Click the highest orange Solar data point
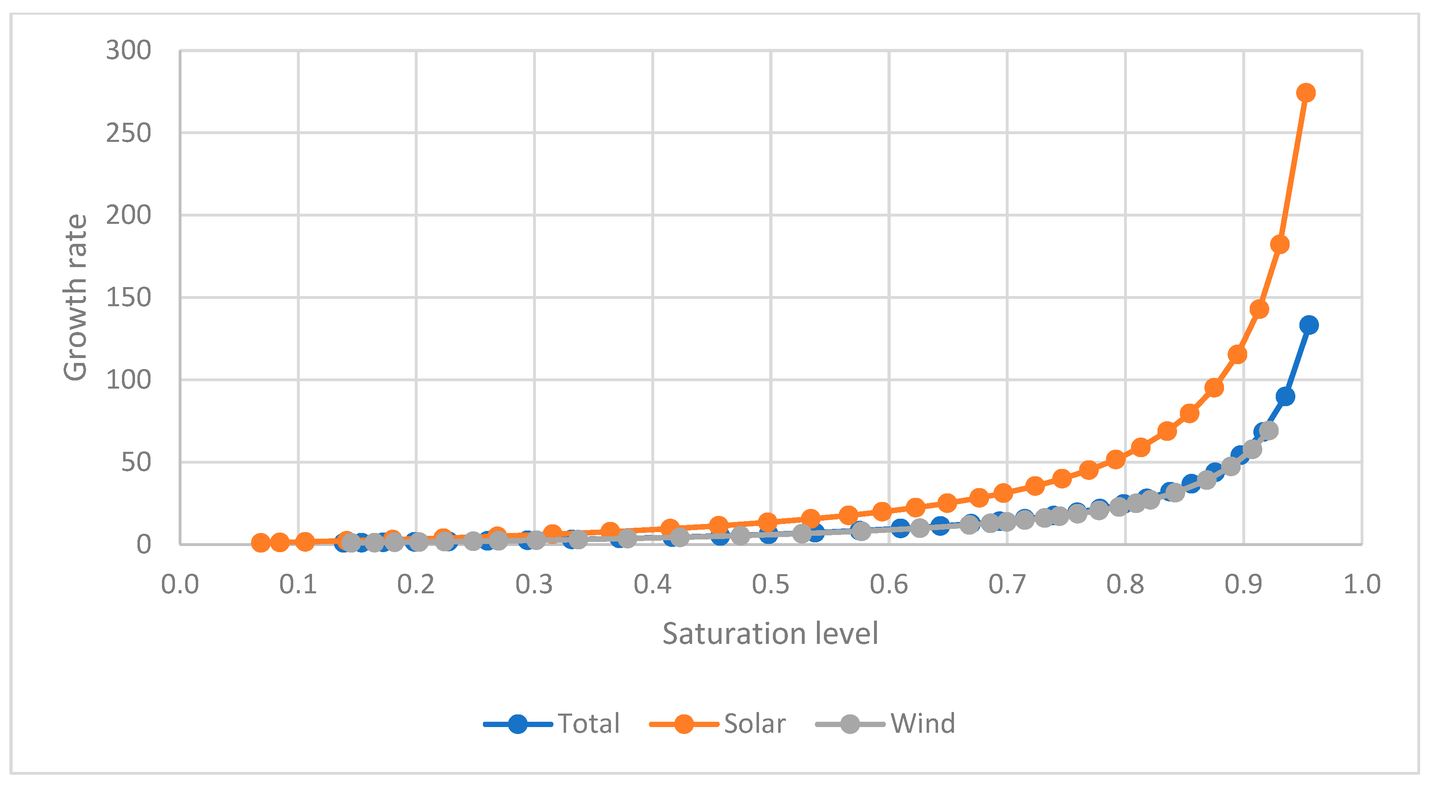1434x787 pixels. pos(1306,93)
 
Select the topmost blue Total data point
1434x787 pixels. pos(1309,325)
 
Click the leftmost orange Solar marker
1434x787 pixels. pos(261,543)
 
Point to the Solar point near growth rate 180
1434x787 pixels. pos(1280,244)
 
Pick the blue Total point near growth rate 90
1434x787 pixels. pos(1285,397)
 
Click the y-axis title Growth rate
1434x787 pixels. pos(75,298)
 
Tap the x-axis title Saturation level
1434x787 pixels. pos(770,633)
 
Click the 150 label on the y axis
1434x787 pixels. pos(128,298)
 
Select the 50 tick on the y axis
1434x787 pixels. pos(136,462)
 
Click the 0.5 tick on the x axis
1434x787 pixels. pos(770,584)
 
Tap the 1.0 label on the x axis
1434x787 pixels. pos(1362,584)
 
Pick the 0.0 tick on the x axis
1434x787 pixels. pos(180,584)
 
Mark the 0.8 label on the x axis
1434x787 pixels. pos(1125,584)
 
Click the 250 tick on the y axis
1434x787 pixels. pos(128,133)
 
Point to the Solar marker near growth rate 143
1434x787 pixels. pos(1259,309)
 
